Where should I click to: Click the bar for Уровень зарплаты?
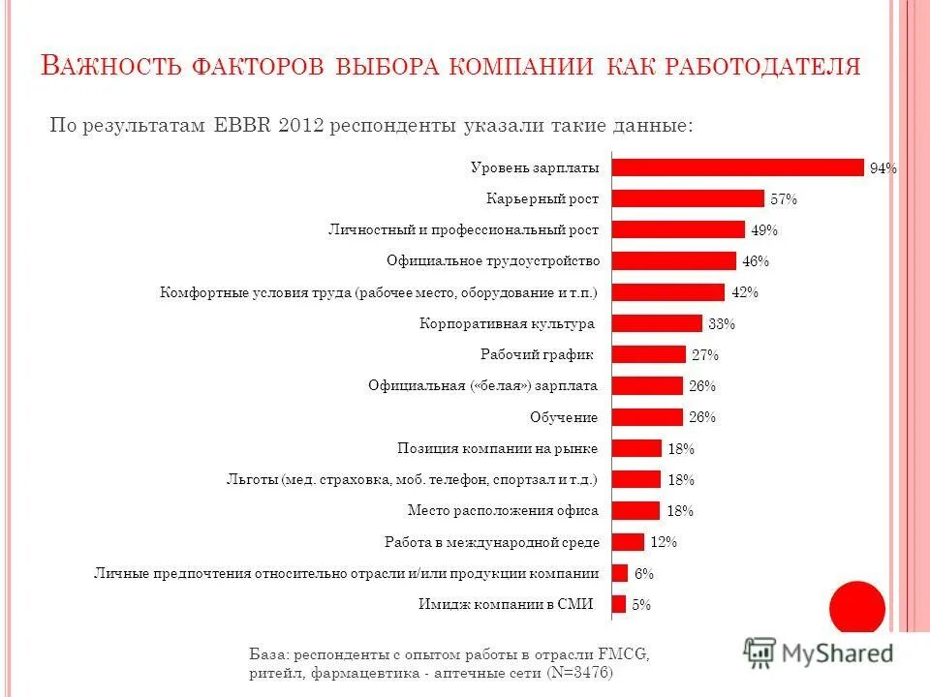coord(737,167)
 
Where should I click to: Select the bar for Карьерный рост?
coord(688,198)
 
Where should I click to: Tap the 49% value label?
coord(764,230)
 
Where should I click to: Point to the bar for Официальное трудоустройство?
coord(674,260)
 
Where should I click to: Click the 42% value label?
coord(745,292)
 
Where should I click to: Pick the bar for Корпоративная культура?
coord(657,323)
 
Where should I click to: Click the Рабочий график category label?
coord(537,354)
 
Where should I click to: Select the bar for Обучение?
coord(647,417)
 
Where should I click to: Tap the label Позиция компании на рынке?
coord(498,448)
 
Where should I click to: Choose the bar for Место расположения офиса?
coord(635,510)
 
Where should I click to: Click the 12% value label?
coord(664,542)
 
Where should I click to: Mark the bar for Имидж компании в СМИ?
coord(619,604)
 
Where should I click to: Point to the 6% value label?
coord(644,573)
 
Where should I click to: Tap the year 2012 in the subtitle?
coord(299,126)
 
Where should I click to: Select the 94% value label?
coord(883,168)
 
